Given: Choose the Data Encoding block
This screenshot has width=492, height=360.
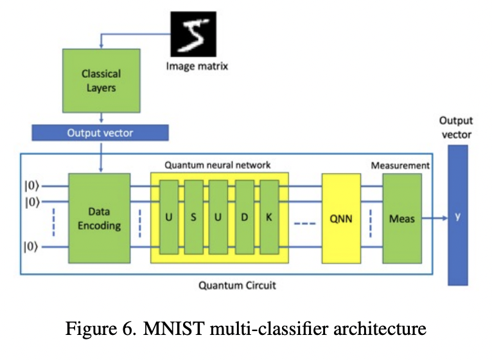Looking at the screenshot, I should coord(99,219).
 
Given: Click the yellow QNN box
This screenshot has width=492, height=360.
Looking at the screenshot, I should coord(341,219).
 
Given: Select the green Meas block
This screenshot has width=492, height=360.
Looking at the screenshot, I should coord(402,219).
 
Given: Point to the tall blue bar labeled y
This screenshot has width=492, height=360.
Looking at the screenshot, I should coord(458,216).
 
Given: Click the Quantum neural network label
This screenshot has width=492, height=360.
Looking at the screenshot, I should coord(218,165).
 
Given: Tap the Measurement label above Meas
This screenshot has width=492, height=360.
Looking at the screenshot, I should coord(400,165).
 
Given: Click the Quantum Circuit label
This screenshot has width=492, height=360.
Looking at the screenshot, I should coord(237,285).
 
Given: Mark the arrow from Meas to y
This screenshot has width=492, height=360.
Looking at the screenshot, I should coord(435,219).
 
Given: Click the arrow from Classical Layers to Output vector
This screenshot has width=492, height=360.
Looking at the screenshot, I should coord(101,118).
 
